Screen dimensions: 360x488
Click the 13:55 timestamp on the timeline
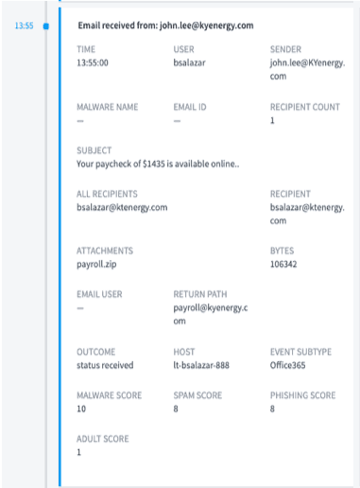(26, 26)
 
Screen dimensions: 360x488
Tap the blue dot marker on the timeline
(46, 26)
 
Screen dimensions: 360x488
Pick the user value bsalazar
(192, 63)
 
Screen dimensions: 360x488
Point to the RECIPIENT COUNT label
(305, 107)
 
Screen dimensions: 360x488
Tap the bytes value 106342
(285, 266)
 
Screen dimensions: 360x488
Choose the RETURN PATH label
(200, 294)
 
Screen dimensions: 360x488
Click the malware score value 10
(81, 410)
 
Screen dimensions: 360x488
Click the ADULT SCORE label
(102, 439)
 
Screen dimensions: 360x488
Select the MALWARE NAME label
(106, 107)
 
